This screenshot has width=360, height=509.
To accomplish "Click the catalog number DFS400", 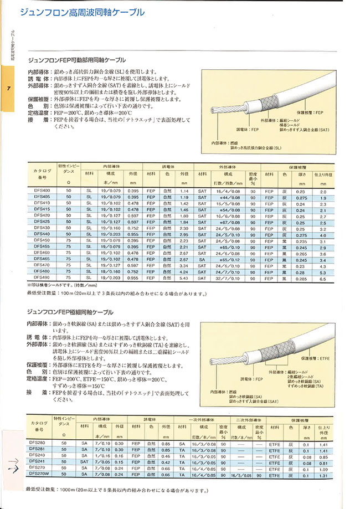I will coord(43,191).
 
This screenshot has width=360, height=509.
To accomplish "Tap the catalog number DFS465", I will coord(43,259).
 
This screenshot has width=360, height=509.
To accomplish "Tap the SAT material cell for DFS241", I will coord(84,462).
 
